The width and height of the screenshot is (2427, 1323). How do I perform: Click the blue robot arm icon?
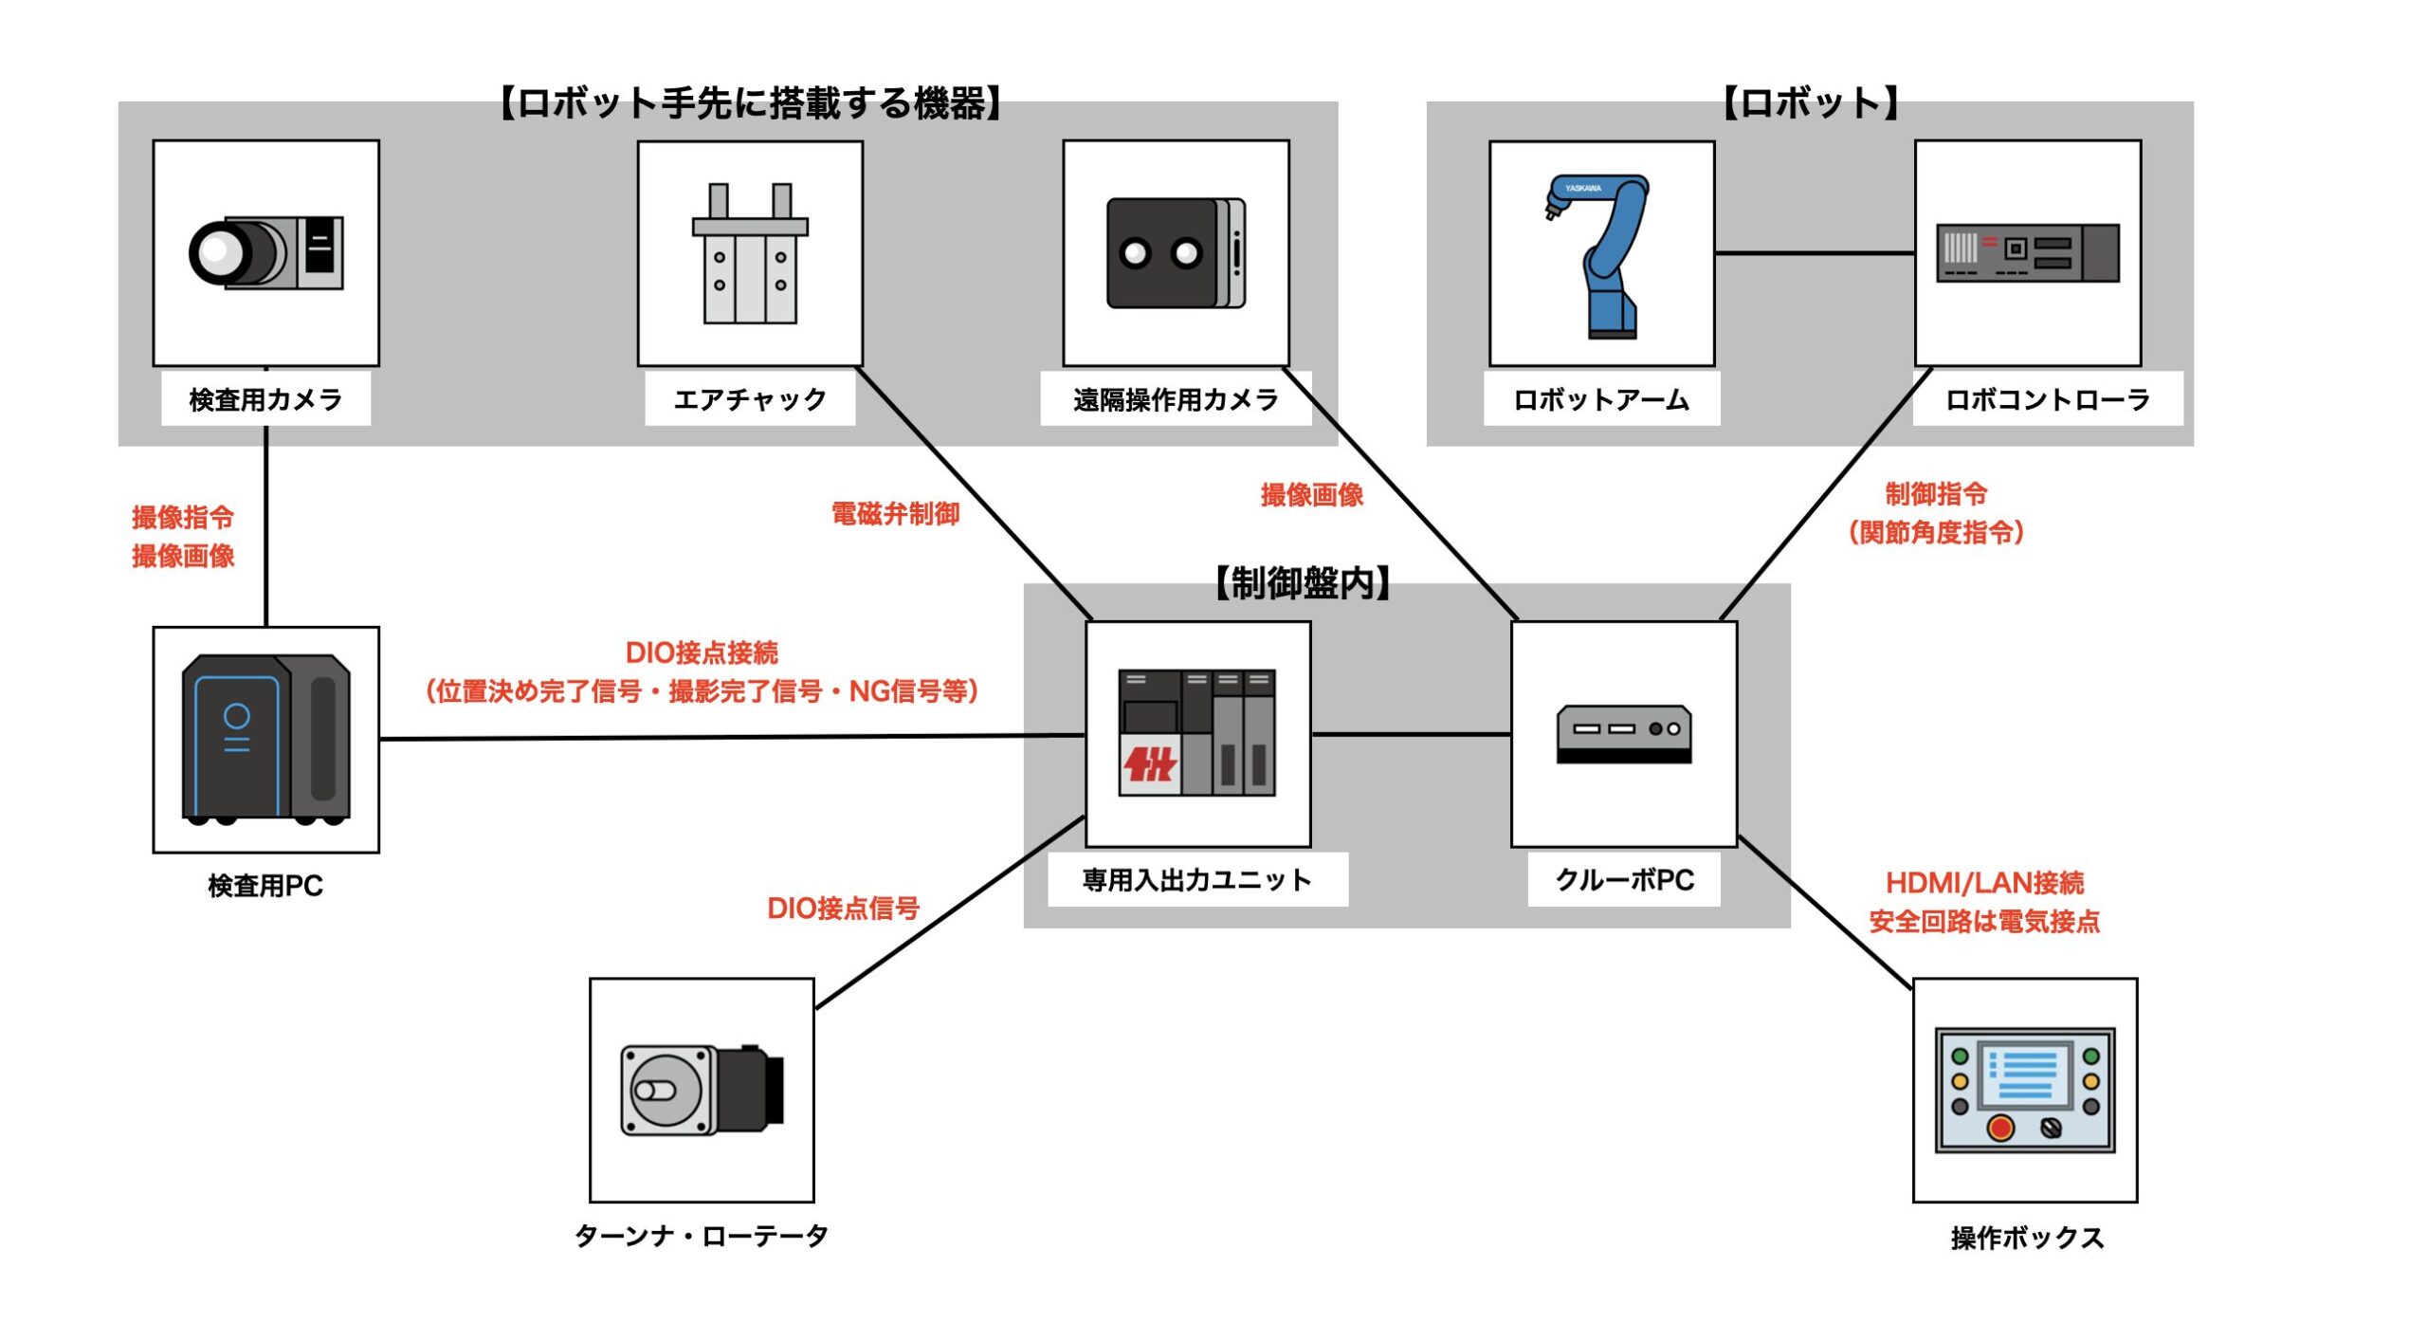[1601, 254]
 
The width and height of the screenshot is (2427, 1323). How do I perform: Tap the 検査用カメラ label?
[265, 399]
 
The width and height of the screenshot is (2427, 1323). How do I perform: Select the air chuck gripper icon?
[750, 254]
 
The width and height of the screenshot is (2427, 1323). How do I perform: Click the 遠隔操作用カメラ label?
[1176, 399]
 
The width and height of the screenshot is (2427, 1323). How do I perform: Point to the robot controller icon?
[2027, 253]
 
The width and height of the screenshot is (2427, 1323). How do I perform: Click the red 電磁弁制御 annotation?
[895, 514]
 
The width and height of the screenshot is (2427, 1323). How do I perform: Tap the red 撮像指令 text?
[183, 517]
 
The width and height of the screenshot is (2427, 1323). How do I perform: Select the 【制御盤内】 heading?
[1303, 583]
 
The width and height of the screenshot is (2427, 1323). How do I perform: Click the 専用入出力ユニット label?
[1197, 880]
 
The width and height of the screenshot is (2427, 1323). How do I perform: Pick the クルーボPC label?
[1624, 880]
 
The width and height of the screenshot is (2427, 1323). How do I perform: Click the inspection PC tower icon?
[265, 738]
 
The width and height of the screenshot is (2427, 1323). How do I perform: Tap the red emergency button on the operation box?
[2000, 1128]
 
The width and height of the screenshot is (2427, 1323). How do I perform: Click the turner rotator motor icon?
[702, 1091]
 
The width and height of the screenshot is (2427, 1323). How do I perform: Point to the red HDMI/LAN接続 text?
[1984, 883]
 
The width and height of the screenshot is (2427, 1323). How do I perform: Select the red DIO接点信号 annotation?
[843, 909]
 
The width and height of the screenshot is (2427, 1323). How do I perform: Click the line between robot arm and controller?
[1815, 253]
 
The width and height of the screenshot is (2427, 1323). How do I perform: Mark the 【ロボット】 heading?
[1810, 102]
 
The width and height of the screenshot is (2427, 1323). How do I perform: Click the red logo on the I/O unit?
[1150, 763]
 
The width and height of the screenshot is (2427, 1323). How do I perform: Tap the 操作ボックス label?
[2027, 1238]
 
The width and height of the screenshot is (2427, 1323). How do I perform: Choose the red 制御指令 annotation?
[1936, 494]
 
